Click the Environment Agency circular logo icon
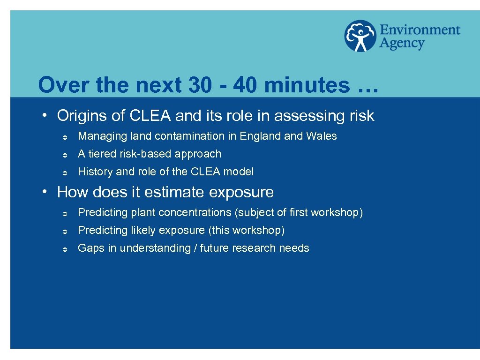click(360, 36)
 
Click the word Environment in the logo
click(420, 30)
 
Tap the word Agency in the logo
click(402, 44)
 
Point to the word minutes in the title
click(307, 85)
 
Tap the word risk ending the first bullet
click(362, 116)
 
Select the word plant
click(143, 213)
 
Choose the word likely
click(143, 231)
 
